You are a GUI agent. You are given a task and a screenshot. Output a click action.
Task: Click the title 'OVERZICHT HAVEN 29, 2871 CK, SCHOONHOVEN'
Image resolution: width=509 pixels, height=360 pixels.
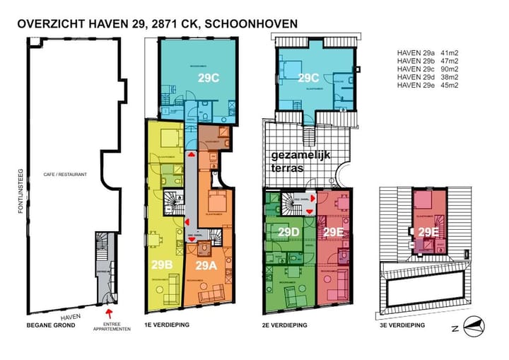157,23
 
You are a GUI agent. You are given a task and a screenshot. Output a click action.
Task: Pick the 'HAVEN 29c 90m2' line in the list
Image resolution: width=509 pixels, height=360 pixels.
429,69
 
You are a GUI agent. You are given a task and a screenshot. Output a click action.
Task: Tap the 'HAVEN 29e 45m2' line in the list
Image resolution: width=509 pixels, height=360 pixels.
429,86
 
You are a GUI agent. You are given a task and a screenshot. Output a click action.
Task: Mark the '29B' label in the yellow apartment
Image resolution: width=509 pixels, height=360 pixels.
162,265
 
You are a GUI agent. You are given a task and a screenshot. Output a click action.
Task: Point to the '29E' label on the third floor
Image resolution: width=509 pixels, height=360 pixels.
428,232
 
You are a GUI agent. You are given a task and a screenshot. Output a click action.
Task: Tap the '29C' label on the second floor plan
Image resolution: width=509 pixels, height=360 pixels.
309,78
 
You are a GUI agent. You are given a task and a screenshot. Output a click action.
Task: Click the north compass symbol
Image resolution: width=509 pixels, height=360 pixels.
471,326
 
